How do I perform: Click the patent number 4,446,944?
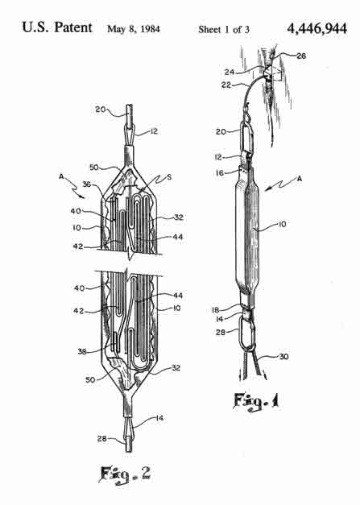pyautogui.click(x=317, y=29)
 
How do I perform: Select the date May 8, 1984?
pyautogui.click(x=134, y=29)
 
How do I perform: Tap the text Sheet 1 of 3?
pyautogui.click(x=224, y=29)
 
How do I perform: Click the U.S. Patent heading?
pyautogui.click(x=57, y=27)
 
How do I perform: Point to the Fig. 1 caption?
pyautogui.click(x=256, y=401)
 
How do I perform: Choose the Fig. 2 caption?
pyautogui.click(x=125, y=474)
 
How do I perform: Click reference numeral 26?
pyautogui.click(x=301, y=56)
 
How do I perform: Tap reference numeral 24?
pyautogui.click(x=230, y=72)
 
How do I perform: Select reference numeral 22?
pyautogui.click(x=226, y=85)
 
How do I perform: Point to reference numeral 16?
pyautogui.click(x=220, y=173)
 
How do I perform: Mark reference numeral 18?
pyautogui.click(x=215, y=310)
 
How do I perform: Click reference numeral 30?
pyautogui.click(x=283, y=357)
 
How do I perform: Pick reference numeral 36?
pyautogui.click(x=87, y=184)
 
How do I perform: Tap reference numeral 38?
pyautogui.click(x=82, y=351)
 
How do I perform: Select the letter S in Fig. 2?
pyautogui.click(x=169, y=177)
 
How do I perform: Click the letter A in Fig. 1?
pyautogui.click(x=300, y=179)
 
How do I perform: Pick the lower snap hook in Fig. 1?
pyautogui.click(x=247, y=333)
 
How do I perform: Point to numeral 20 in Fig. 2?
pyautogui.click(x=101, y=110)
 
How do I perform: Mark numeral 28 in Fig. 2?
pyautogui.click(x=102, y=438)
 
